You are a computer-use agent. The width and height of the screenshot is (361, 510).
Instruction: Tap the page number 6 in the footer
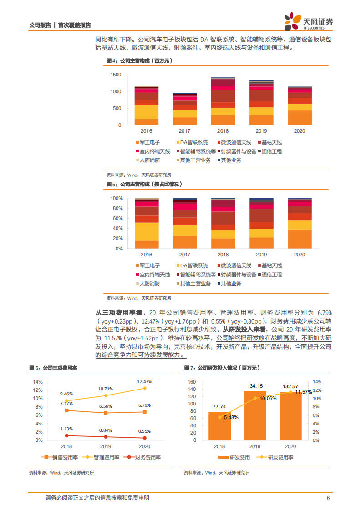pyautogui.click(x=328, y=498)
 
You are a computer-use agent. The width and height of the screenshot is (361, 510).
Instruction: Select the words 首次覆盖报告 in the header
pyautogui.click(x=75, y=25)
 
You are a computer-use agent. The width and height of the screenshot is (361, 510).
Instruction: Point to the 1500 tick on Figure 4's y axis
pyautogui.click(x=116, y=75)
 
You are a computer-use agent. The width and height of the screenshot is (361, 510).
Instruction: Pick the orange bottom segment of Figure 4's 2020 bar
pyautogui.click(x=300, y=118)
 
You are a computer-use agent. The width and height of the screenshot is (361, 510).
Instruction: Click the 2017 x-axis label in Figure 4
pyautogui.click(x=184, y=131)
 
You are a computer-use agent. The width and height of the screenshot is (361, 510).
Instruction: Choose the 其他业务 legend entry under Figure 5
pyautogui.click(x=231, y=284)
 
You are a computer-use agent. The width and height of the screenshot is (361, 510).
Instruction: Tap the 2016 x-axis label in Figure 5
pyautogui.click(x=146, y=255)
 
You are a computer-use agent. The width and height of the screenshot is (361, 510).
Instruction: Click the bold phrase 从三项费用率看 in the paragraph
pyautogui.click(x=118, y=313)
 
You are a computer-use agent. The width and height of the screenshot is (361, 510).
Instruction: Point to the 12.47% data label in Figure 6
pyautogui.click(x=144, y=381)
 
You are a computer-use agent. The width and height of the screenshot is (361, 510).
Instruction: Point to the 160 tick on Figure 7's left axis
pyautogui.click(x=192, y=382)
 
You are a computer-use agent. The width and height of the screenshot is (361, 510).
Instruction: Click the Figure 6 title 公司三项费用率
pyautogui.click(x=56, y=355)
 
